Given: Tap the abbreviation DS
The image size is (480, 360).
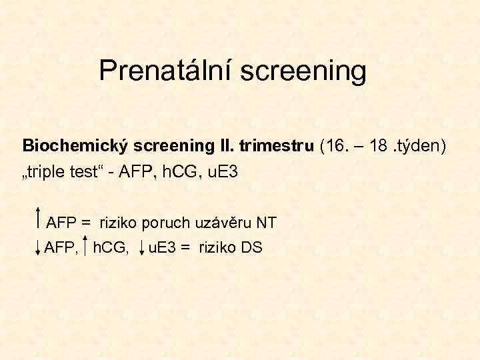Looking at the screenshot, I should click(x=251, y=248).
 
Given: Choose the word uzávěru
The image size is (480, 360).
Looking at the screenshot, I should click(x=225, y=222).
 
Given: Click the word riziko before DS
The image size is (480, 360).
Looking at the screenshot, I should click(x=217, y=248).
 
